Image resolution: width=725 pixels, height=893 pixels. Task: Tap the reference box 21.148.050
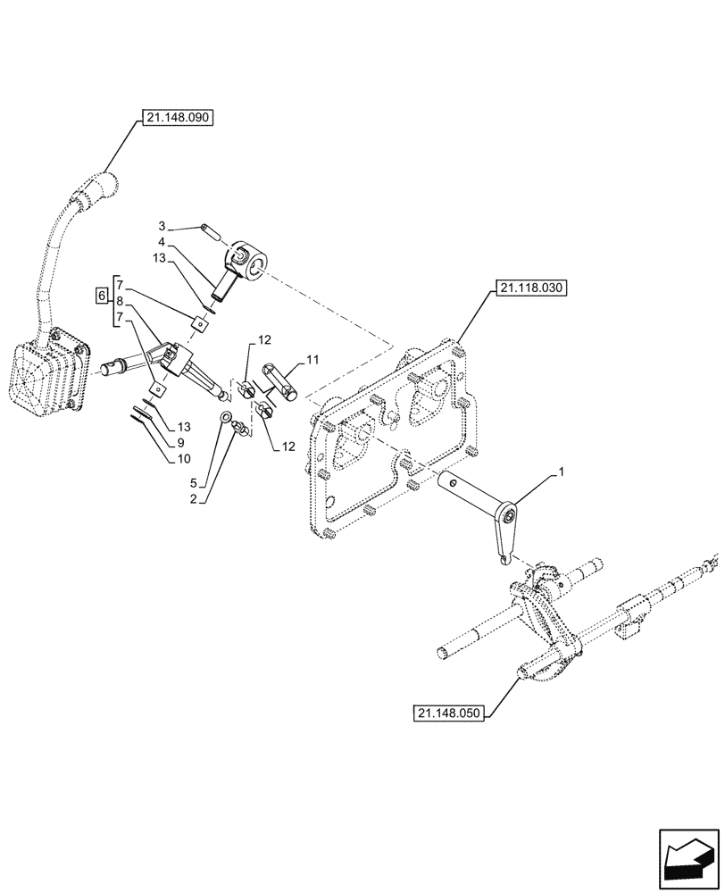click(x=449, y=713)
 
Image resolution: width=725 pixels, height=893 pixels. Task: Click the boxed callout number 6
click(x=102, y=294)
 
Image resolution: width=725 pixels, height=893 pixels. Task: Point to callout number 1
click(x=562, y=471)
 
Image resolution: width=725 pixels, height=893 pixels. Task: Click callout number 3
click(x=162, y=224)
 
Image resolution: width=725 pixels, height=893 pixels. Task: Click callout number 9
click(x=180, y=442)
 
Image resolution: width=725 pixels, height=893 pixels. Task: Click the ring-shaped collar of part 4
click(x=248, y=258)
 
